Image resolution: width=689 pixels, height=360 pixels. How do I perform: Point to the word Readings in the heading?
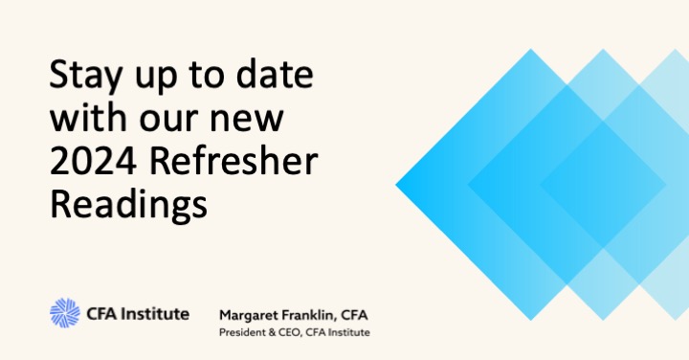tap(127, 205)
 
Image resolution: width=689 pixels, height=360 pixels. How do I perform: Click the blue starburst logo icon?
tap(65, 313)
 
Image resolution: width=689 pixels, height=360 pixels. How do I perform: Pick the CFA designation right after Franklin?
tap(364, 314)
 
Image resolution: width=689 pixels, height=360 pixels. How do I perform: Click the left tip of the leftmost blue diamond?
tap(397, 181)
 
